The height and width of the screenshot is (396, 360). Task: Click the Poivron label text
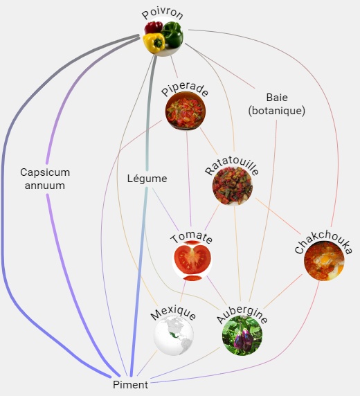(x=163, y=15)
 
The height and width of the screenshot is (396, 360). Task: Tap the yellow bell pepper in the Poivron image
(x=154, y=43)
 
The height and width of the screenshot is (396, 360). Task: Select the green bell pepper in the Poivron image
(x=172, y=35)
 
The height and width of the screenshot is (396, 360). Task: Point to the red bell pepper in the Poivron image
(x=154, y=27)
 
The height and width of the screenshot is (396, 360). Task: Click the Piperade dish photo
(x=186, y=111)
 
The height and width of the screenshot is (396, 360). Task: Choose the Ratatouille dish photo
(x=233, y=186)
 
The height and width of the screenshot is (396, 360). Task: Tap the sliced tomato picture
(x=192, y=261)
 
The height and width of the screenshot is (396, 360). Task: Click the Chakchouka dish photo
(x=324, y=260)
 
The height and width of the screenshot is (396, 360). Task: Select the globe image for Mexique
(x=174, y=336)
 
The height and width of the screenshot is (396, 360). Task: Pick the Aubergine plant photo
(x=242, y=336)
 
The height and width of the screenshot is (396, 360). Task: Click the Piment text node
(x=130, y=385)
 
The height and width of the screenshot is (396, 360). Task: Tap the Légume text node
(x=147, y=179)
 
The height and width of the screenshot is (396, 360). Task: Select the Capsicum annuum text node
(x=45, y=179)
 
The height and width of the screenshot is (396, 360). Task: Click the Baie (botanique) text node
(x=277, y=104)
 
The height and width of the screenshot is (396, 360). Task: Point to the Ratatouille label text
(x=231, y=167)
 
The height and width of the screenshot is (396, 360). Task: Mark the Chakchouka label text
(x=323, y=242)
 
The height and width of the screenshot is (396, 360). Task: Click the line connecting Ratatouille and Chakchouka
(x=278, y=216)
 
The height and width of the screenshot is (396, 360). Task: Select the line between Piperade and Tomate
(x=189, y=179)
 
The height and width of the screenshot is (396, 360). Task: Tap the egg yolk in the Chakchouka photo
(x=325, y=259)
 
